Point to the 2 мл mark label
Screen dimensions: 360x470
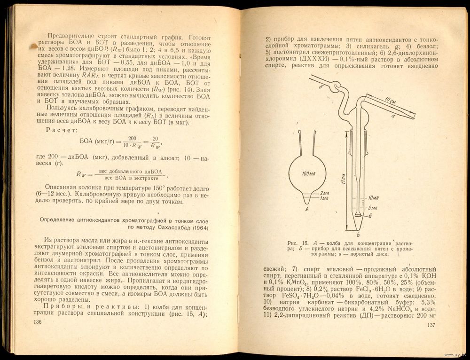[324, 193]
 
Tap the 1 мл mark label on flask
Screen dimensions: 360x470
[324, 198]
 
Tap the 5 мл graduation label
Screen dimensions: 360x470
[373, 208]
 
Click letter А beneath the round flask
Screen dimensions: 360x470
[306, 210]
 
